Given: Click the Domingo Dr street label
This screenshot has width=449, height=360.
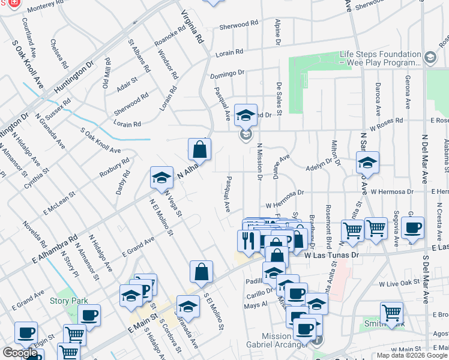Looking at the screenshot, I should [x=227, y=74].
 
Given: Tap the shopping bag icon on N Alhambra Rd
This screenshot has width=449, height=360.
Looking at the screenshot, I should [x=199, y=149].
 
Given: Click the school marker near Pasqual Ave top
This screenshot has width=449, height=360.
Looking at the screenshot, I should [x=246, y=115].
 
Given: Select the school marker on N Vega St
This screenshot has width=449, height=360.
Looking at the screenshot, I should [x=161, y=178].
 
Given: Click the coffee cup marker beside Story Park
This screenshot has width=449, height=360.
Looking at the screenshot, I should [x=89, y=316].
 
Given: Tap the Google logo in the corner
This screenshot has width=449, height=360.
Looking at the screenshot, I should [x=20, y=353].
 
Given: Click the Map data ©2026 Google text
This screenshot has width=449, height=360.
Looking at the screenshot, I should [x=412, y=355].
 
